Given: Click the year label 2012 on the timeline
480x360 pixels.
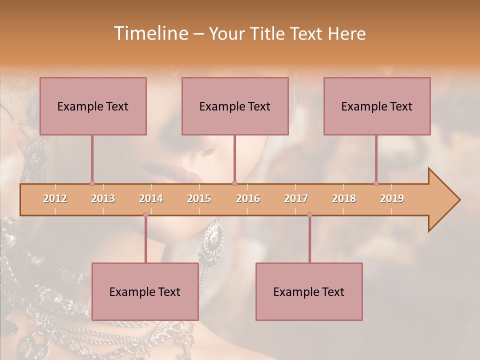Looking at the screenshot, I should pyautogui.click(x=55, y=198).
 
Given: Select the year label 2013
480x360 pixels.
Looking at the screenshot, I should pyautogui.click(x=103, y=198).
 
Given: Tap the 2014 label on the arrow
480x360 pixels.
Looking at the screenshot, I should pyautogui.click(x=151, y=198).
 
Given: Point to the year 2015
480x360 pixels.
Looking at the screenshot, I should pyautogui.click(x=199, y=198).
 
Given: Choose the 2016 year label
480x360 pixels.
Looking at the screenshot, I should pyautogui.click(x=248, y=198).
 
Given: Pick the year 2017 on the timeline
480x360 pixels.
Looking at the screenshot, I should pyautogui.click(x=296, y=198).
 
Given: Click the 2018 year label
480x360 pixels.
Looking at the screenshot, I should pyautogui.click(x=344, y=198).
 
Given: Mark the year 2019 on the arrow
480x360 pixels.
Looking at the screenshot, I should pyautogui.click(x=392, y=198).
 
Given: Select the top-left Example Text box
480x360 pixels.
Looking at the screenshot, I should pyautogui.click(x=93, y=106).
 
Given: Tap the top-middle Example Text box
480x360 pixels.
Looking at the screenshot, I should pyautogui.click(x=235, y=106).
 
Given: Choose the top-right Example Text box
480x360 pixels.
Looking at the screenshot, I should pyautogui.click(x=377, y=106).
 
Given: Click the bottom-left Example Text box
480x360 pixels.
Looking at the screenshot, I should pyautogui.click(x=145, y=291).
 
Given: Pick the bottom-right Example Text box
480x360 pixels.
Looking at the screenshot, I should pyautogui.click(x=309, y=291).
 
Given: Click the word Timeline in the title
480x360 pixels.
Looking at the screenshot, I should pyautogui.click(x=149, y=33).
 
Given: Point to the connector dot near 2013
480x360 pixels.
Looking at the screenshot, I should pyautogui.click(x=92, y=183).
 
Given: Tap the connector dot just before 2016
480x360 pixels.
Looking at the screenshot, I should pyautogui.click(x=234, y=183).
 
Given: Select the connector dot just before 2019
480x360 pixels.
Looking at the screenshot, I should pyautogui.click(x=376, y=183).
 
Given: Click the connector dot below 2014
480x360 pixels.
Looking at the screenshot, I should pyautogui.click(x=145, y=214).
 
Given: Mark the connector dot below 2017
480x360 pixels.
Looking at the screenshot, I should pyautogui.click(x=309, y=214).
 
